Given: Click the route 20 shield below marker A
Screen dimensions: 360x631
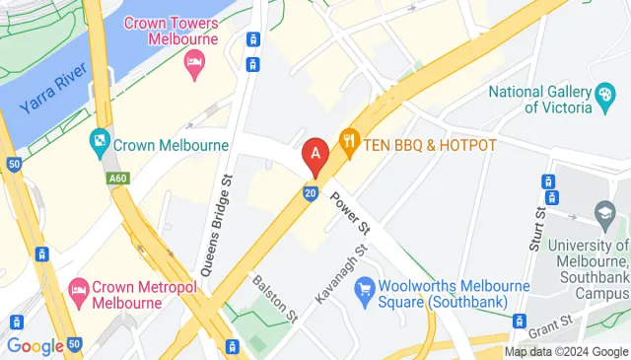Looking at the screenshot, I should (x=311, y=194).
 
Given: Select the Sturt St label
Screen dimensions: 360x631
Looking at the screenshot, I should (x=536, y=229).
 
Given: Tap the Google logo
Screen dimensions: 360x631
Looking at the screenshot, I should (x=35, y=345).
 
